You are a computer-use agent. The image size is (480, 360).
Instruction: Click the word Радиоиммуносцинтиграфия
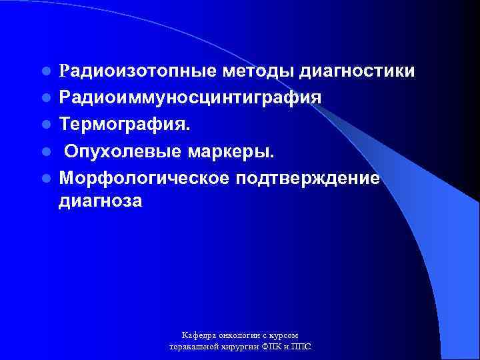pos(190,98)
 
